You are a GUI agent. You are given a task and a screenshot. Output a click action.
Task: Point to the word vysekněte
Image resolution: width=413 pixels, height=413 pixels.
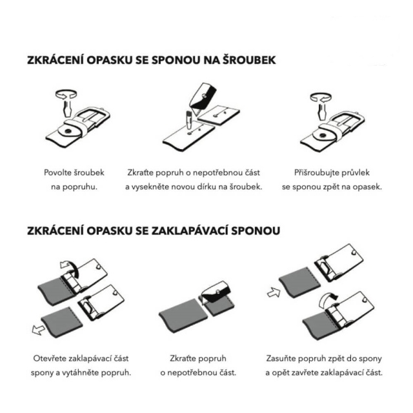pos(150,187)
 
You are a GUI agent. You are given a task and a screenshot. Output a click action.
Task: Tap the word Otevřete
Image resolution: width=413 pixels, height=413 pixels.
pos(50,359)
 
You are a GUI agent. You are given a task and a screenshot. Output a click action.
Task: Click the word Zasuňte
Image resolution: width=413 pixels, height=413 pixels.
pos(281,359)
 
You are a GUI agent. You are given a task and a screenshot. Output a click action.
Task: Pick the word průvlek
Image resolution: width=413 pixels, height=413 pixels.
pos(356,173)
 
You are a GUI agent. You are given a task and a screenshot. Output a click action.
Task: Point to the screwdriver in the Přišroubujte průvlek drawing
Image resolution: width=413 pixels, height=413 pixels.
pos(321,110)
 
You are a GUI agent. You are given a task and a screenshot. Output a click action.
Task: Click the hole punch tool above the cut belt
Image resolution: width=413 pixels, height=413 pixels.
pos(188,121)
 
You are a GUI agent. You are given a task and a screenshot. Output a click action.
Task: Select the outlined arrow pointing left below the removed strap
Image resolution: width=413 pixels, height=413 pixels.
pos(38,329)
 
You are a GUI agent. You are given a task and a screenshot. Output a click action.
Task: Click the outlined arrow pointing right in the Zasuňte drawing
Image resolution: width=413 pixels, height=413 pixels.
pos(274,292)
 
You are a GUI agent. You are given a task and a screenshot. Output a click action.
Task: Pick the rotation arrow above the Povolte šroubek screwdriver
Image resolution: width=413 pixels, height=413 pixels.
pos(66,95)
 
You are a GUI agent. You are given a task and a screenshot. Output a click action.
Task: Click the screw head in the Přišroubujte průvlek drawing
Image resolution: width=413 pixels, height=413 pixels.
pos(323,136)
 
